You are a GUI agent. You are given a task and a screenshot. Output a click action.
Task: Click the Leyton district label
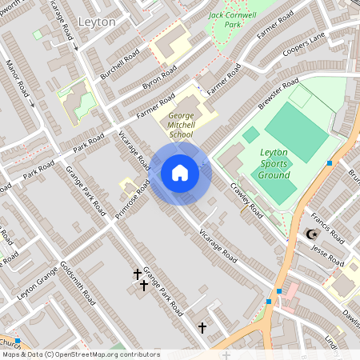pos(98,22)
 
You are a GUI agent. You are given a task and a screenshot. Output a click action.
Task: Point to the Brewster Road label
pos(278,94)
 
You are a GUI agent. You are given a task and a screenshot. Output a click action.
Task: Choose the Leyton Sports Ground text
pos(275,163)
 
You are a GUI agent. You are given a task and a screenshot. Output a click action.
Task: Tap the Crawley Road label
pos(246,200)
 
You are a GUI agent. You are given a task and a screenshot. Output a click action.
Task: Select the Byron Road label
pos(159,78)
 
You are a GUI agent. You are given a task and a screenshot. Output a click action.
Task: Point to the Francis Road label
pos(326,228)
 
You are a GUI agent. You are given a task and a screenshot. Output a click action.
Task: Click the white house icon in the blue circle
pos(180,172)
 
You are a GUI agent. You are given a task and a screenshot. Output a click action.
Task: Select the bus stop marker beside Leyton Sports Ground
pos(330,163)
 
